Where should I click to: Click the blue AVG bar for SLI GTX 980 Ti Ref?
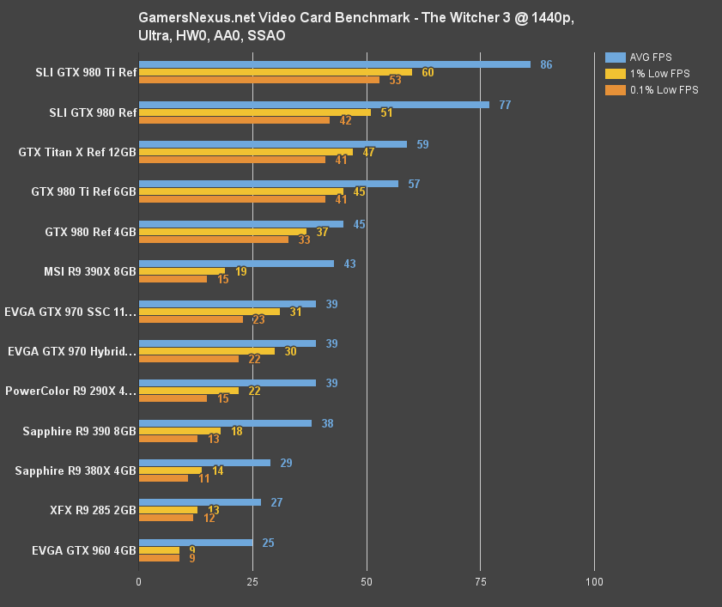coord(334,64)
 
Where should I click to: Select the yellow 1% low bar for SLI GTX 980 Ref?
coord(255,112)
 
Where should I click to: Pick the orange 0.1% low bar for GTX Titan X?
coord(232,160)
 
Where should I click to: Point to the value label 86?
coord(546,64)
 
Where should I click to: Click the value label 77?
coord(505,105)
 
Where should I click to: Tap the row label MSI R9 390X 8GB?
coord(90,271)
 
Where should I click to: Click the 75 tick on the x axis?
coord(481,582)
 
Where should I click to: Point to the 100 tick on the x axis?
coord(594,582)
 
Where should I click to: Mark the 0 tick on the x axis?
coord(139,582)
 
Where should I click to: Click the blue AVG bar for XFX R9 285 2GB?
coord(200,502)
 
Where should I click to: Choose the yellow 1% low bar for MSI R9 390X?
coord(182,271)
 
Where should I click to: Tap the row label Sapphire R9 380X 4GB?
coord(76,470)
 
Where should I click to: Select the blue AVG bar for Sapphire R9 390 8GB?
coord(225,423)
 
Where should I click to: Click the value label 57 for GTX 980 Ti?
coord(414,184)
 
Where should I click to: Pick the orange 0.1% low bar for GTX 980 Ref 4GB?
coord(214,240)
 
